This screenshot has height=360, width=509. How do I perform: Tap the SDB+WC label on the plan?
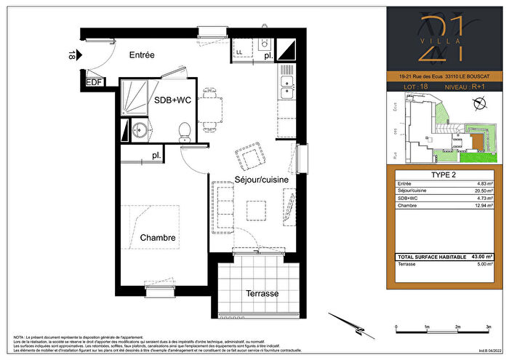pyautogui.click(x=171, y=101)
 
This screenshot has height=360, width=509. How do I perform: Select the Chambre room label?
pyautogui.click(x=158, y=238)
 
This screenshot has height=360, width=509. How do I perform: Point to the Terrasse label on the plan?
pyautogui.click(x=262, y=294)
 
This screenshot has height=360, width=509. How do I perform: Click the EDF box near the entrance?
pyautogui.click(x=94, y=81)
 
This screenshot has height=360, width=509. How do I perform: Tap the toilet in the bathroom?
pyautogui.click(x=185, y=131)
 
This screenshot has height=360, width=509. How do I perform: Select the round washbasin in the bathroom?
pyautogui.click(x=140, y=131)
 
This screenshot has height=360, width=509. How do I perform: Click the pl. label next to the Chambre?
pyautogui.click(x=156, y=156)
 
